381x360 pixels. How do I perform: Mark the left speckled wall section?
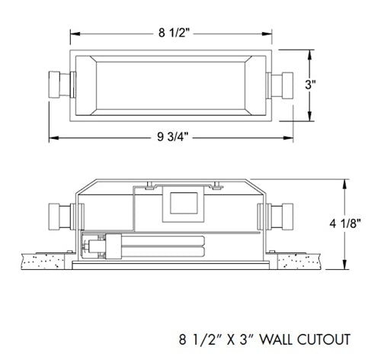45,262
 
